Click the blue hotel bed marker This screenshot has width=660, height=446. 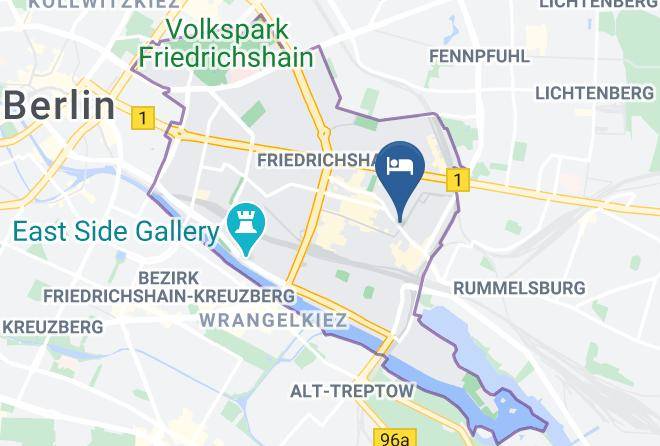click(x=400, y=166)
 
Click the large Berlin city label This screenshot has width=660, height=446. click(x=59, y=104)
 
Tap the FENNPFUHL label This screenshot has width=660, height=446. click(x=479, y=56)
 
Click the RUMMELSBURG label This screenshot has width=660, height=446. click(x=519, y=288)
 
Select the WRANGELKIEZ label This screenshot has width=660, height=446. click(x=273, y=321)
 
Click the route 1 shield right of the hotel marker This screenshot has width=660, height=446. click(x=457, y=180)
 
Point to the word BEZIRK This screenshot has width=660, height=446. click(x=164, y=276)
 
